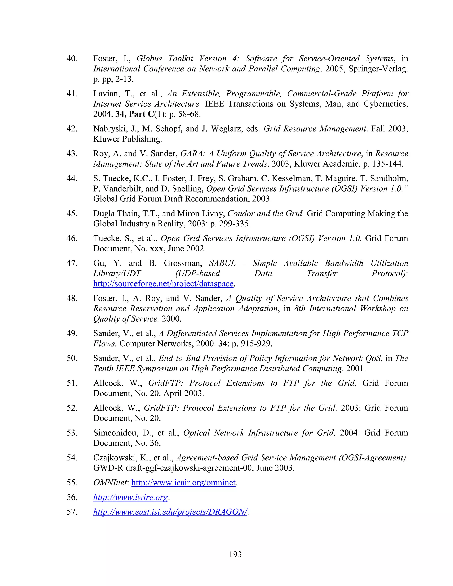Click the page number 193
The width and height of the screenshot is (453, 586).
click(235, 554)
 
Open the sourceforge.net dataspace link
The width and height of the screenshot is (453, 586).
click(163, 284)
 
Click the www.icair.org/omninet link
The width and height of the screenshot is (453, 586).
click(183, 483)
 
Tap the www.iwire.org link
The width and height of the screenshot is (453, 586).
click(131, 497)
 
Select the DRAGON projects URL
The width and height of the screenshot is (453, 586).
click(170, 512)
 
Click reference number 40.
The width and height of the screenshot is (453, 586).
click(72, 59)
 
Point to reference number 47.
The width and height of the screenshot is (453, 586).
click(72, 263)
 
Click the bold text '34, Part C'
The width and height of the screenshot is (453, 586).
click(135, 114)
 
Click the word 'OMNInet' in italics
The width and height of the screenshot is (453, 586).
click(110, 483)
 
